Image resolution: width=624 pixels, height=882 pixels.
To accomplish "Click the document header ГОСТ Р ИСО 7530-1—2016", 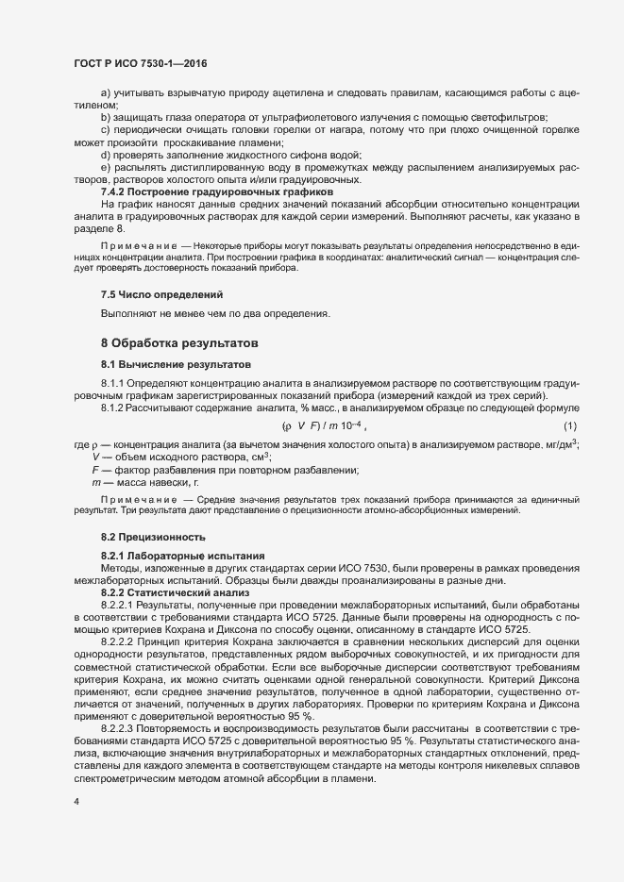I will tap(140, 63).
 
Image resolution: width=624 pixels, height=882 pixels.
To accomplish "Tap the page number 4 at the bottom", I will tap(76, 803).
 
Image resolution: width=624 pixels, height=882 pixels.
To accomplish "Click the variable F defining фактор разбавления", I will tap(94, 470).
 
